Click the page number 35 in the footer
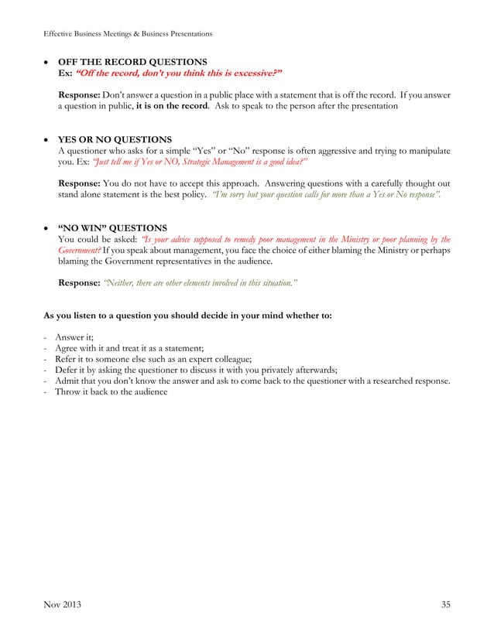click(444, 604)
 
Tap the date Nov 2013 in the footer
click(62, 604)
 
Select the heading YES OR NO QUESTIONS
click(115, 139)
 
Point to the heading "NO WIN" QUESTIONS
click(113, 228)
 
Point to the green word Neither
click(120, 283)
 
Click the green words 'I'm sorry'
click(232, 195)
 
